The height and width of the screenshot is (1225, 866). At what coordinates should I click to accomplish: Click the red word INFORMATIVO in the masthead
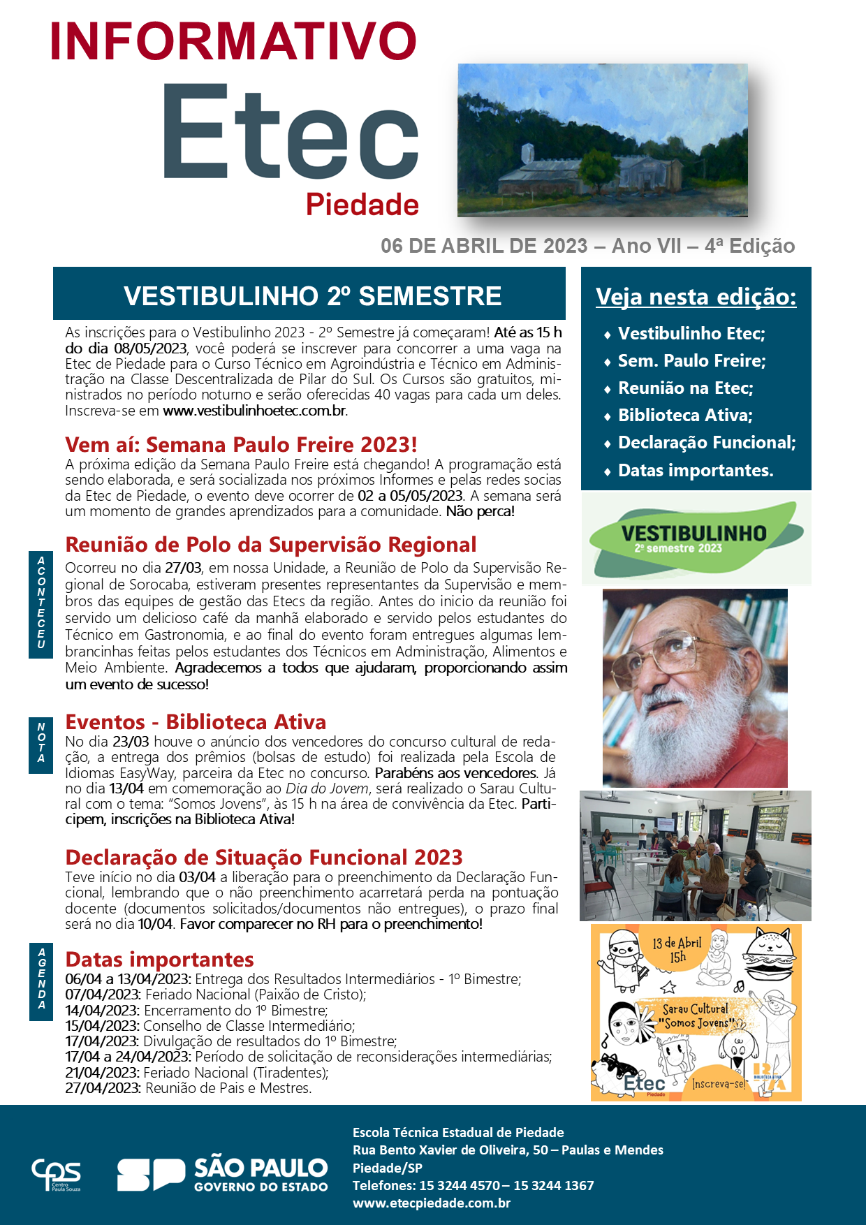coord(233,41)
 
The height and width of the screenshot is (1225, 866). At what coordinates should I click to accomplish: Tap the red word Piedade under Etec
coord(362,205)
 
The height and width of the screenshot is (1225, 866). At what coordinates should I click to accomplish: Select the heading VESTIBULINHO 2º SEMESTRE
coord(312,296)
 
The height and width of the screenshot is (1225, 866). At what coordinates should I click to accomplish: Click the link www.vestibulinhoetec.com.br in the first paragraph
coord(255,411)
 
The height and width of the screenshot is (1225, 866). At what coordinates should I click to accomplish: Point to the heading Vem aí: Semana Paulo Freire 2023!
coord(241,445)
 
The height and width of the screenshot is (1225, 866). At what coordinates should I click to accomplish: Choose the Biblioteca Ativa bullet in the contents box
coord(685,416)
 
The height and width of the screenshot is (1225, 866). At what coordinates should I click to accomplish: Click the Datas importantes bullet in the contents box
coord(696,471)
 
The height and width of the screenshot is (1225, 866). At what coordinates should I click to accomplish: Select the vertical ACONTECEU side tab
coord(41,602)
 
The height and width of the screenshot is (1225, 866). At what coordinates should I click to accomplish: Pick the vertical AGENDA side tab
coord(41,978)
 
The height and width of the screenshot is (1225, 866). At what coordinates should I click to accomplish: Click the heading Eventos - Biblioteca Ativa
coord(196,722)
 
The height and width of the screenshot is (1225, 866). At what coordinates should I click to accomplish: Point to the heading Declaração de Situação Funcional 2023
coord(264,858)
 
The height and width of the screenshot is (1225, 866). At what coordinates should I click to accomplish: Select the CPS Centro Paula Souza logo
coord(56,1175)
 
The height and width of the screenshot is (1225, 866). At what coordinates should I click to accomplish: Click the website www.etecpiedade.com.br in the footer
coord(431,1203)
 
